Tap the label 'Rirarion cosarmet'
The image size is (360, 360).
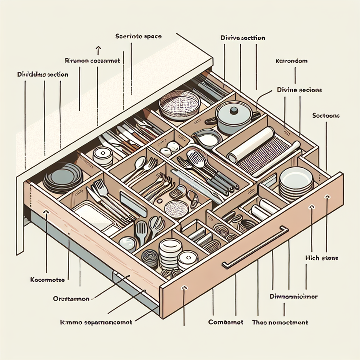click(x=93, y=60)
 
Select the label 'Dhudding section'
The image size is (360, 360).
click(x=43, y=75)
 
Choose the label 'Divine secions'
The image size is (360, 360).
click(x=299, y=90)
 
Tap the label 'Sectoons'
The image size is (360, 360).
click(x=326, y=115)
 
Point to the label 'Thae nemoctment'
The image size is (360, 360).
click(x=280, y=322)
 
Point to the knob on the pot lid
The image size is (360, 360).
click(x=233, y=110)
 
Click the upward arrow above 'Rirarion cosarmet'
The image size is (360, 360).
click(x=98, y=49)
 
